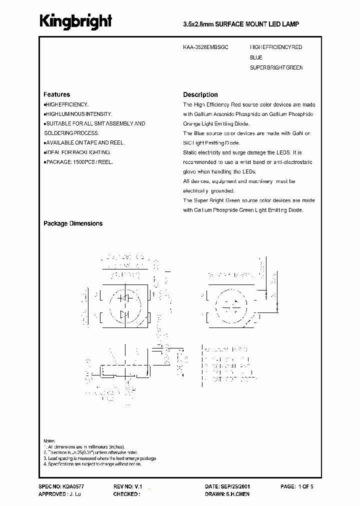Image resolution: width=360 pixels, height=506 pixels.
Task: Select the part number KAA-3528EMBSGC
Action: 205,47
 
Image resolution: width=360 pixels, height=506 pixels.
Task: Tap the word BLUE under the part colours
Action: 256,57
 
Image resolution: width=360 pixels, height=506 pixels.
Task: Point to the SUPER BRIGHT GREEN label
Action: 276,67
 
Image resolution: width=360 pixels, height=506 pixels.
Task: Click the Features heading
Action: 56,94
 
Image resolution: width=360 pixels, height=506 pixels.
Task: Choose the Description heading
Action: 200,94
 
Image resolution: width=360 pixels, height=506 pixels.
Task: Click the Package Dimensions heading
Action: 73,223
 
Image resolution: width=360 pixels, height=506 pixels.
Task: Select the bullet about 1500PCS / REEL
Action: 78,162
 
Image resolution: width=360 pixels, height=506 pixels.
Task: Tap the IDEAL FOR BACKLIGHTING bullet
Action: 77,152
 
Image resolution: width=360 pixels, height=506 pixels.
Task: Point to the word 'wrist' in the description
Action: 247,162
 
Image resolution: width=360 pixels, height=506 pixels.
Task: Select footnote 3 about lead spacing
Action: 99,458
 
